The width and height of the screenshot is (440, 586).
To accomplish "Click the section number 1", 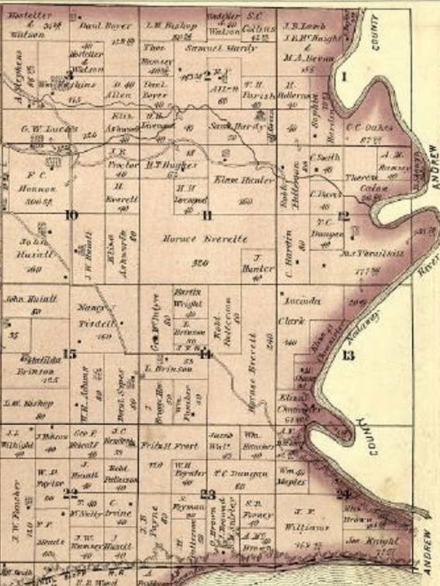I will coord(345,76).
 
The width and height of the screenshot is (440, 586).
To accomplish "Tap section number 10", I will coord(71,215).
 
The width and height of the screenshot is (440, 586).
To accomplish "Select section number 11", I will coord(207,215).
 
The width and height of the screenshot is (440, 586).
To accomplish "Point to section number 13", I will coord(348,355).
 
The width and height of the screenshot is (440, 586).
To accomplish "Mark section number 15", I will coord(70,354).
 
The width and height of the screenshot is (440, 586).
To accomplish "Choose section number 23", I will coord(207,494).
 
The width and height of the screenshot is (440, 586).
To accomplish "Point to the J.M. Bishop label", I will coord(171,25).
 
